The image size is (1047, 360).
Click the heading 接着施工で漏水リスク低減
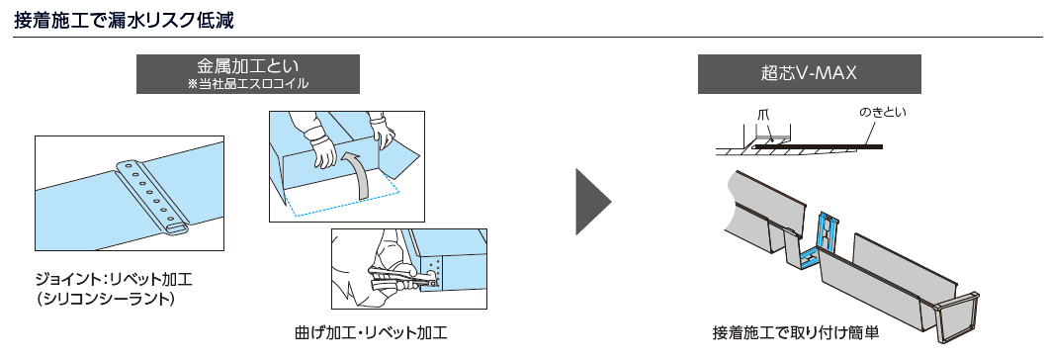point(125,20)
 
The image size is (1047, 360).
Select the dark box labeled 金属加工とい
point(248,74)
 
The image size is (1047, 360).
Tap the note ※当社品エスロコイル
point(248,84)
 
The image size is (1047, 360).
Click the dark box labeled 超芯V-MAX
point(810,74)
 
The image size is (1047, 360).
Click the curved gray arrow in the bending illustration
point(359,175)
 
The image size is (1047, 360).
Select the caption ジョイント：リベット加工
point(114,278)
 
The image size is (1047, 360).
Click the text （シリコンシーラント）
point(107,299)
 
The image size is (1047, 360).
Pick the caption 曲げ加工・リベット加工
point(371,332)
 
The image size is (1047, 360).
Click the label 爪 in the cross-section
point(763,114)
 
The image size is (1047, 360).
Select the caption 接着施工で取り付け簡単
point(796,332)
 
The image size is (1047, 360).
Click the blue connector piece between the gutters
point(822,239)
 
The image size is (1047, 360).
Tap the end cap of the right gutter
point(957,318)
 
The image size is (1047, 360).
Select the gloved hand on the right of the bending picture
point(384,134)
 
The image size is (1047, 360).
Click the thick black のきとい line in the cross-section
point(818,146)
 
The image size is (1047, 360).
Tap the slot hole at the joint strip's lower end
point(176,227)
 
